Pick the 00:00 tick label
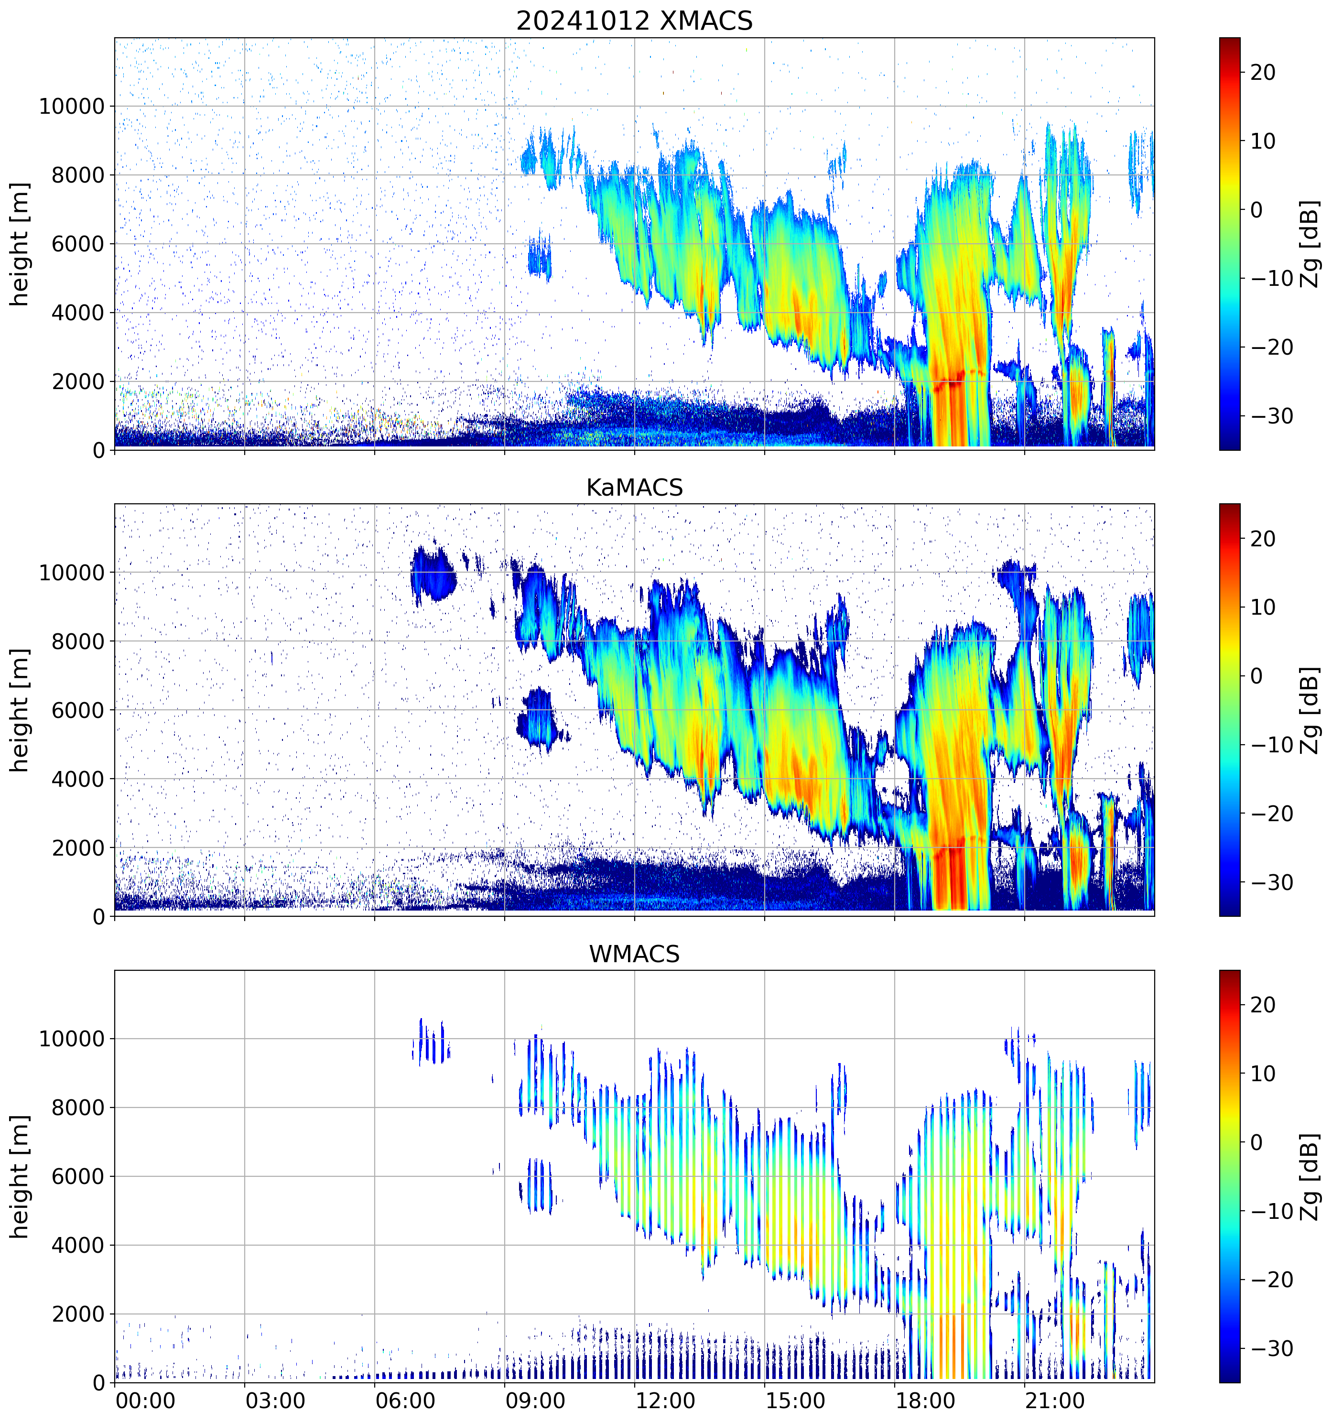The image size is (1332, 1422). pos(145,1400)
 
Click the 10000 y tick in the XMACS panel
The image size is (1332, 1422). pos(72,107)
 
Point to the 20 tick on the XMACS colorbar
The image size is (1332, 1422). pos(1263,72)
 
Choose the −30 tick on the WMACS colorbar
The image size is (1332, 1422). pos(1271,1349)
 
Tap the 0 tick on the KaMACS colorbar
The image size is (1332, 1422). pos(1256,676)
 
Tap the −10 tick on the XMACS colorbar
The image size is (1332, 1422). pos(1271,279)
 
